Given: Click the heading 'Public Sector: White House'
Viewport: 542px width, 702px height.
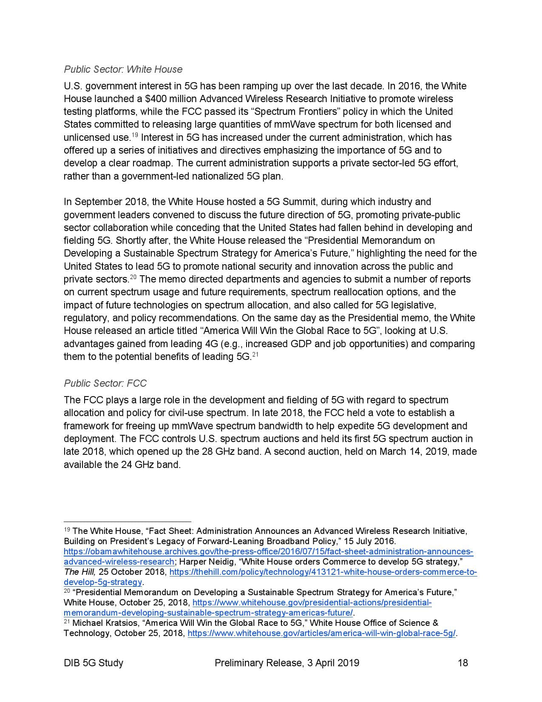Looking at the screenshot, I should click(x=123, y=69).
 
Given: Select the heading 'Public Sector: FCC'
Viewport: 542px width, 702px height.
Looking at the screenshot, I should click(x=105, y=383).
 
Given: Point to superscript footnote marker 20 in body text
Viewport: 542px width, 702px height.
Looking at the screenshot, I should click(x=133, y=277).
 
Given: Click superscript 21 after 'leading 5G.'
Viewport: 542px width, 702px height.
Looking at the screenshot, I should click(x=256, y=354).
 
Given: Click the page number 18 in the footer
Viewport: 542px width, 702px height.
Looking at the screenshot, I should click(x=463, y=662).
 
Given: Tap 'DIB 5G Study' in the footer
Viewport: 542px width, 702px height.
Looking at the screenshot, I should click(x=94, y=662).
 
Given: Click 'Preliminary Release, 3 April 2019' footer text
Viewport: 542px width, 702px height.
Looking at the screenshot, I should click(x=287, y=662).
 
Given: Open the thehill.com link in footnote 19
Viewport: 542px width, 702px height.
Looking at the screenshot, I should click(x=323, y=572).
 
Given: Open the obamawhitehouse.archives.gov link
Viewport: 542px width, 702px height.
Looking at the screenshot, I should click(x=268, y=552).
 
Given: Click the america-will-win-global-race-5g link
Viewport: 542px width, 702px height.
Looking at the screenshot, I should click(x=321, y=633).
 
